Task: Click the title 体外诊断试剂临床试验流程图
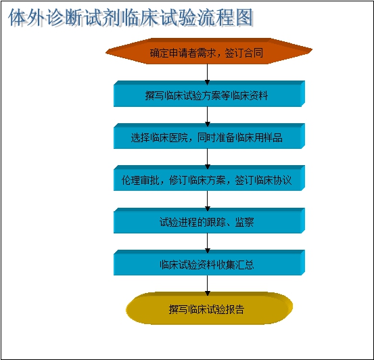[131, 18]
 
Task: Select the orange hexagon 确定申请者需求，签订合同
[209, 51]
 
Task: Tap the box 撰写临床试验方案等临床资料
[209, 94]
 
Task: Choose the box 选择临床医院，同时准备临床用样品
[209, 136]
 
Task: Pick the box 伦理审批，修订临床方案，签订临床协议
[209, 178]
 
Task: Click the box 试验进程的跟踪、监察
[209, 221]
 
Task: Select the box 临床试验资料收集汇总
[209, 263]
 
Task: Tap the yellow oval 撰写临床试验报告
[209, 308]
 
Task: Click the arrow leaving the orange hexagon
[207, 74]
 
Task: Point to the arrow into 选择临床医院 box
[207, 116]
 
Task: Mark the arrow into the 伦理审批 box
[207, 159]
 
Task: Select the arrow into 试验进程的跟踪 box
[207, 201]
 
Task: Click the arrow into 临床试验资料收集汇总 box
[207, 243]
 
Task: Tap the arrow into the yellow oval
[207, 286]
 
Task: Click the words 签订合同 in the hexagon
[244, 53]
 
